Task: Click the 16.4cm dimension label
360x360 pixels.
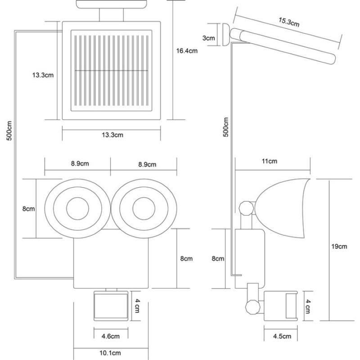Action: coord(187,51)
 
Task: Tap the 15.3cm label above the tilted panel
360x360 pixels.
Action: coord(289,22)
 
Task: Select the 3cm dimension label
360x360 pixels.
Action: coord(208,38)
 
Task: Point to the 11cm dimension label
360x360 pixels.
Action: coord(269,161)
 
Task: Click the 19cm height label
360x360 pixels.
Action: coord(339,247)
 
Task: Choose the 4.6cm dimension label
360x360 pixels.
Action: coord(110,336)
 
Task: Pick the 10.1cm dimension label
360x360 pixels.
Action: coord(110,353)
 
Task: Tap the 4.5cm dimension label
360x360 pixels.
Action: coord(282,336)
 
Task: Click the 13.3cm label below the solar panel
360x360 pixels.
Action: coord(112,135)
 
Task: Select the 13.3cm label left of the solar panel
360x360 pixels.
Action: coord(43,75)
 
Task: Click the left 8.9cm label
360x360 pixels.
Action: coord(80,164)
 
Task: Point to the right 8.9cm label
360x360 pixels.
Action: coord(147,164)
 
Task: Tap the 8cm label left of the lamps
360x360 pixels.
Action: coord(28,209)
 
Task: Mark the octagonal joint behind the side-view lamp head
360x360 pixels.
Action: coord(246,208)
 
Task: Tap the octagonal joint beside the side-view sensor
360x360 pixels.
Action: coord(253,307)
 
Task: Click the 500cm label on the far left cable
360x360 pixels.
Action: coord(9,130)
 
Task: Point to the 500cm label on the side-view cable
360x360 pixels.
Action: coord(226,127)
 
